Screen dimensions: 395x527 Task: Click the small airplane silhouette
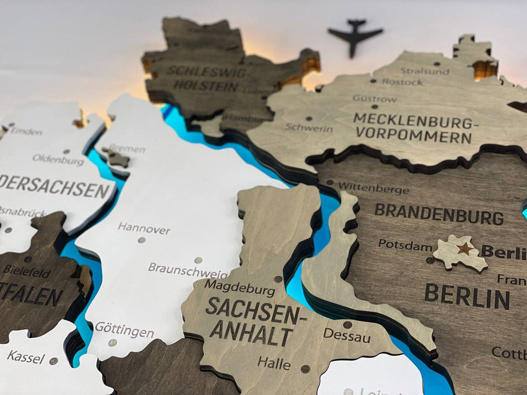(355, 35)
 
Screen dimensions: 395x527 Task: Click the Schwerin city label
(309, 127)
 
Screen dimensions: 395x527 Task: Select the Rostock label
(402, 81)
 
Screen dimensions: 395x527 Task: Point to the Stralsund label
(425, 71)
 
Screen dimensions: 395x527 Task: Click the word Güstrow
(375, 98)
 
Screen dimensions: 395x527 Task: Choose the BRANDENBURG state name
(438, 214)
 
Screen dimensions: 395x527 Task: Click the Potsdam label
(405, 245)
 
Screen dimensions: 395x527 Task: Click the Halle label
(274, 363)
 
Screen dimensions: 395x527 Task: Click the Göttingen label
(124, 330)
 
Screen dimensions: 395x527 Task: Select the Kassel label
(26, 356)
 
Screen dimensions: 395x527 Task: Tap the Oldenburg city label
(58, 160)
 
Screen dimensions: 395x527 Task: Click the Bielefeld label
(26, 271)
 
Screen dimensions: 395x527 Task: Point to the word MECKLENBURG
(413, 121)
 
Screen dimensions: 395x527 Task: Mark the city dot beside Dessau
(347, 325)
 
